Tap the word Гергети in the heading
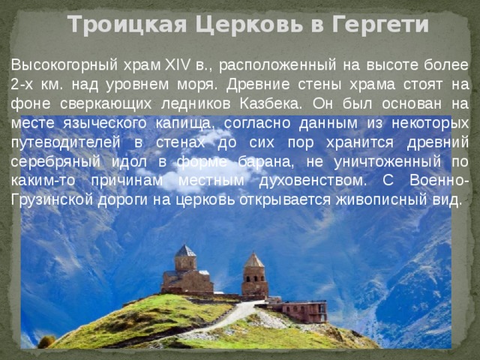point(381,25)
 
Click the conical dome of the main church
point(185,250)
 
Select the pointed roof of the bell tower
point(255,260)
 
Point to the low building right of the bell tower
point(304,310)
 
